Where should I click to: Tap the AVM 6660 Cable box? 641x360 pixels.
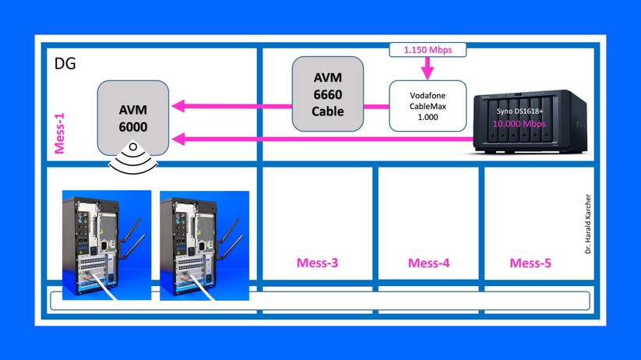point(328,94)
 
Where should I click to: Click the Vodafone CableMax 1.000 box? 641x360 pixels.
point(428,105)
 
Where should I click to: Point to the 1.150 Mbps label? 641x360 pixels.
point(428,50)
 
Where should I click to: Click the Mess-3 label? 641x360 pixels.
point(317,263)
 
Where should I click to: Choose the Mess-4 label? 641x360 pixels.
point(428,263)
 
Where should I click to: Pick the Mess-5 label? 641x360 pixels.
point(530,263)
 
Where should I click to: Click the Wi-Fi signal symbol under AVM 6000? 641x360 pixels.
point(133,158)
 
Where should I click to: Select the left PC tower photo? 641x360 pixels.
point(106,245)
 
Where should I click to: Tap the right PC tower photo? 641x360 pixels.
point(204,245)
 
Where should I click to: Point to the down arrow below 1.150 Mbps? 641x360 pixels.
point(428,71)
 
